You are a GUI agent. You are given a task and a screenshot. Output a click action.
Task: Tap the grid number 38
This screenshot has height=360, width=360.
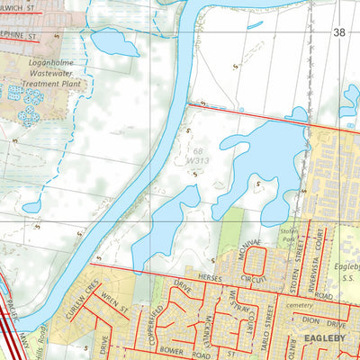(x=338, y=32)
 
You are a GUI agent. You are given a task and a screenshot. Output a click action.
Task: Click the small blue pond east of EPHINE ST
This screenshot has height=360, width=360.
(x=109, y=41)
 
